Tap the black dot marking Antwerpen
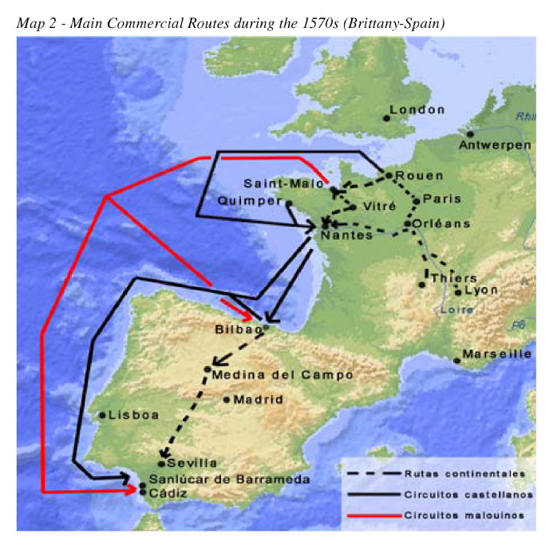pyautogui.click(x=471, y=134)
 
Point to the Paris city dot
pyautogui.click(x=416, y=199)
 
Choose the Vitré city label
pyautogui.click(x=379, y=206)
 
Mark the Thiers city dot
pyautogui.click(x=421, y=284)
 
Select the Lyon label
pyautogui.click(x=480, y=290)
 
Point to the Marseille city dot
pyautogui.click(x=456, y=361)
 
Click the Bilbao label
pyautogui.click(x=239, y=329)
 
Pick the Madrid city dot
pyautogui.click(x=227, y=399)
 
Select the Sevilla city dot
pyautogui.click(x=162, y=463)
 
